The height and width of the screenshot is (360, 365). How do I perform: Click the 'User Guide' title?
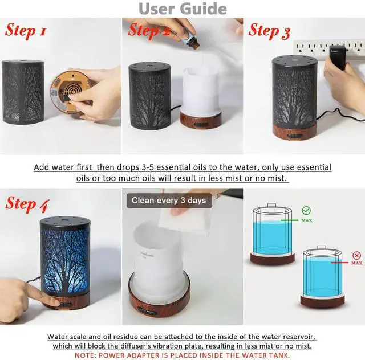[182, 9]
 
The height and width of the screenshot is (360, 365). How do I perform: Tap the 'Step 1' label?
[25, 30]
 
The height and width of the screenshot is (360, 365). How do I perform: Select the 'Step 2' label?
[149, 31]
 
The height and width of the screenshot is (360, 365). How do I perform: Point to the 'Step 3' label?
[269, 31]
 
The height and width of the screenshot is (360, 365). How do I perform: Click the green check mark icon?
[306, 210]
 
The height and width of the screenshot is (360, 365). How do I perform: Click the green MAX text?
[306, 220]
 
